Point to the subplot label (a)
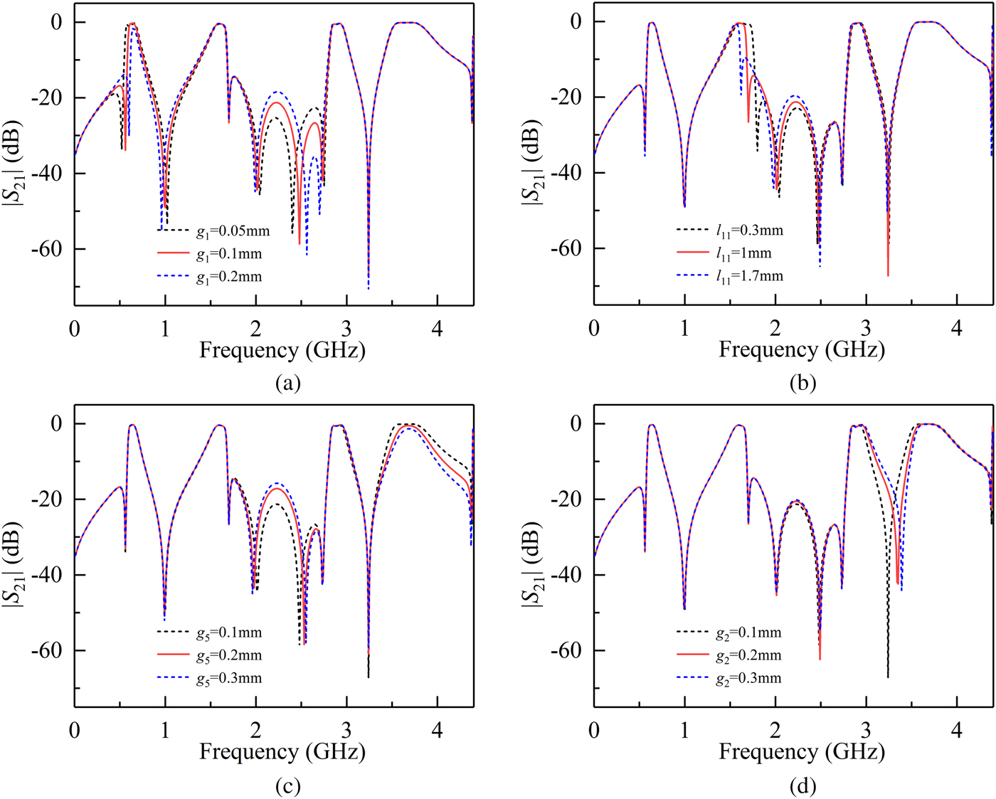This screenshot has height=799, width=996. [x=287, y=383]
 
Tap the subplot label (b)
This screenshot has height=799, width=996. [x=802, y=383]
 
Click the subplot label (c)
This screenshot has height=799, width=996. [x=287, y=785]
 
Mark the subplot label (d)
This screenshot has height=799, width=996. [x=802, y=785]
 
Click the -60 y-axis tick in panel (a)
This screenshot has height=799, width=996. [x=48, y=249]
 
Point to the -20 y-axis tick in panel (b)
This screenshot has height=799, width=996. [x=568, y=97]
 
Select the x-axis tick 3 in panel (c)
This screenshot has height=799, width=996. [x=346, y=730]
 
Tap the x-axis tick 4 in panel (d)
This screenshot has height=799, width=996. [x=957, y=730]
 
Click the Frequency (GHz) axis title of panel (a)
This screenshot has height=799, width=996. [x=282, y=350]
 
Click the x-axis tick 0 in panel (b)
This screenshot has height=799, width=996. [x=594, y=328]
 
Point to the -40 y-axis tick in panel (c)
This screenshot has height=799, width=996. [x=48, y=575]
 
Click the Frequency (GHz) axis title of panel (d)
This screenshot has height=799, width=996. [x=802, y=752]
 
